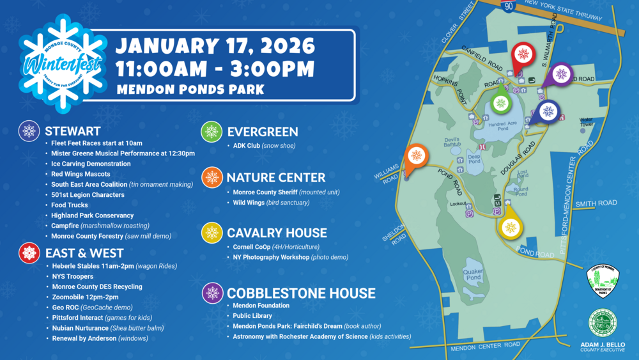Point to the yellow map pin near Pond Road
click(510, 227)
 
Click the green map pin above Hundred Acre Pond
click(501, 102)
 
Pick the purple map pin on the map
click(561, 74)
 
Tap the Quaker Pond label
click(473, 274)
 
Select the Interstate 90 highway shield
click(508, 5)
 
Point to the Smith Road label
click(596, 203)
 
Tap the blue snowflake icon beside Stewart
click(29, 131)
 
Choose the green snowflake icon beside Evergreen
click(212, 132)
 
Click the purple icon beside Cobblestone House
click(212, 293)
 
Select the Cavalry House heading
click(277, 233)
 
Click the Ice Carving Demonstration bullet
click(91, 164)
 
